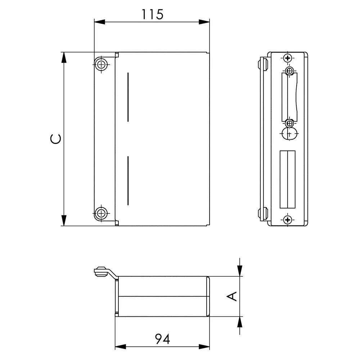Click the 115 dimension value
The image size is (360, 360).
coord(152,14)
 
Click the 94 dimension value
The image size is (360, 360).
coord(163,339)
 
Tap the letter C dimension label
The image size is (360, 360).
coord(56,139)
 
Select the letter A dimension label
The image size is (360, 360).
coord(232,296)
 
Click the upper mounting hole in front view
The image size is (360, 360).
coord(101,64)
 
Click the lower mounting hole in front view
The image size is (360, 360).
coord(101,213)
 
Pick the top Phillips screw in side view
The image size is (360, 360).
coord(287,58)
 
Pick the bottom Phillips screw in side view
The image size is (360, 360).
coord(287,220)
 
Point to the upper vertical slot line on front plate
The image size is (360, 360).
coord(128,97)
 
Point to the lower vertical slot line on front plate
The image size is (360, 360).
coord(128,181)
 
